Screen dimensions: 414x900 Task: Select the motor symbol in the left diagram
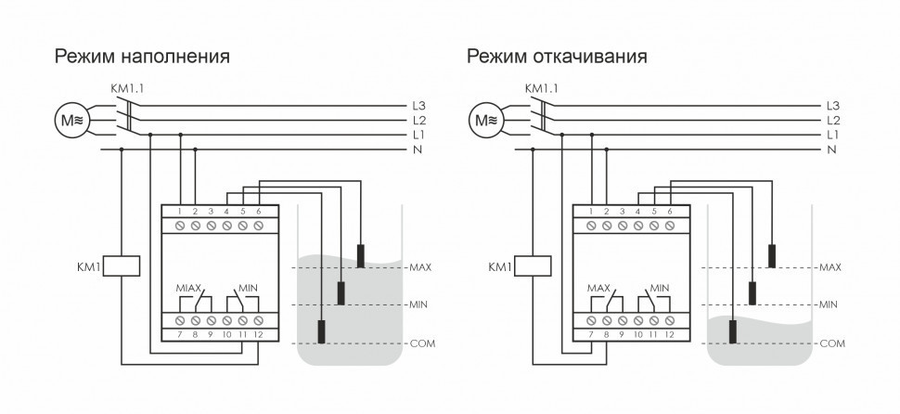(x=71, y=120)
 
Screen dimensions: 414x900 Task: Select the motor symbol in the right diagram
(x=484, y=120)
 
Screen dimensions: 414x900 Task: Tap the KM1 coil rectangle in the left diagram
(x=122, y=267)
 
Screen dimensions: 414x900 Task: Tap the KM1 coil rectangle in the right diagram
(x=533, y=267)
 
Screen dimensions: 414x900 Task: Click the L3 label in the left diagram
(x=418, y=105)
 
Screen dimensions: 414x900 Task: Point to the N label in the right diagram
(x=830, y=149)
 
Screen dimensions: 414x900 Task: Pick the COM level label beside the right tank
(x=832, y=343)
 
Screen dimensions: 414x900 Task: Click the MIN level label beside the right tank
(x=830, y=304)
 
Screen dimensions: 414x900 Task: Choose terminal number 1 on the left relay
(x=178, y=213)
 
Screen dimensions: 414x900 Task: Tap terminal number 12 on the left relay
(x=259, y=332)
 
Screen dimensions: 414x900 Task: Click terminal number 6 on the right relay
(x=671, y=213)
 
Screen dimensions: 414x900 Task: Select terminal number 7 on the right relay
(x=590, y=332)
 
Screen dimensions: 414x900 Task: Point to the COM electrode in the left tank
(x=321, y=331)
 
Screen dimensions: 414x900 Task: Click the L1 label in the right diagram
(x=832, y=135)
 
